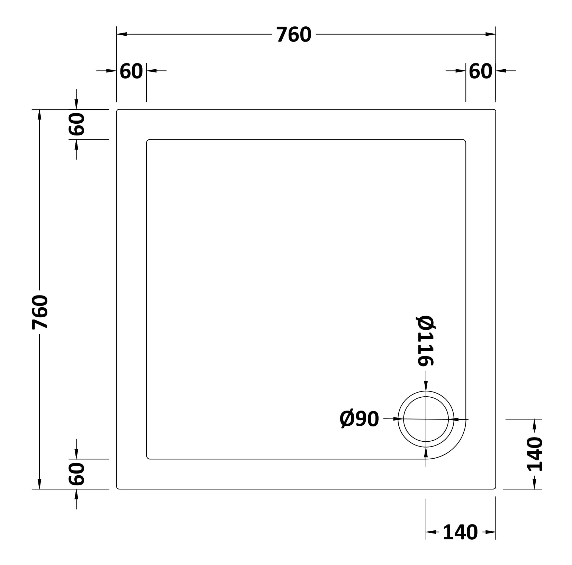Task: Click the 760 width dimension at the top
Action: click(x=294, y=35)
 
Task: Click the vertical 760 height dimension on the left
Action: click(x=39, y=312)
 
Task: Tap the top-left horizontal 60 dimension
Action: click(x=131, y=71)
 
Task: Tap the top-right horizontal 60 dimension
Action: click(x=480, y=71)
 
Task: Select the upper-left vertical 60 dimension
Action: click(x=76, y=124)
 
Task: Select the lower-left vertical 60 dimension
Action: click(x=76, y=474)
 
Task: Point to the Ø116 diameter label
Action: click(x=426, y=341)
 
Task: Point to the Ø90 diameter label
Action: click(x=359, y=419)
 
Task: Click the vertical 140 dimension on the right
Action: click(x=535, y=454)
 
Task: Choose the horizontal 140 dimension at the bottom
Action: click(x=460, y=532)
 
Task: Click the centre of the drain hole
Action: click(x=426, y=419)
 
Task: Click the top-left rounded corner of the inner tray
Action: click(x=148, y=141)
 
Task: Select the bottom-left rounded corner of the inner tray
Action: click(x=148, y=457)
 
